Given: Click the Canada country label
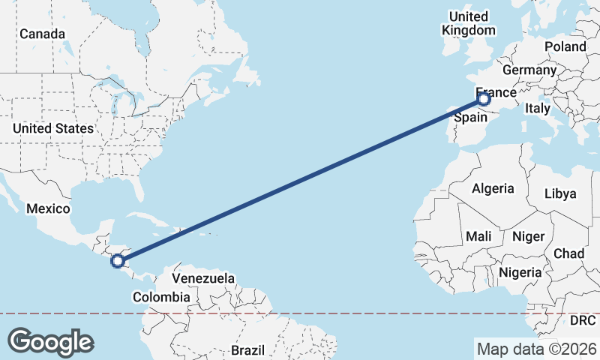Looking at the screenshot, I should [x=42, y=34].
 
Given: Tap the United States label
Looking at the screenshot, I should [x=52, y=128].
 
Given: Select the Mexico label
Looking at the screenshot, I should [x=48, y=208].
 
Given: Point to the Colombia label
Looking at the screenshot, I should [x=161, y=297].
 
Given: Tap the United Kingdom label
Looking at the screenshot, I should [x=469, y=23].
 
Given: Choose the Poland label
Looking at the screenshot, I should [x=565, y=46].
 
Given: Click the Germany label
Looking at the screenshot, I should [x=529, y=70].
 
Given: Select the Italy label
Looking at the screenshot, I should [x=537, y=108].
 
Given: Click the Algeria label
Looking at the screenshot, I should [x=493, y=188].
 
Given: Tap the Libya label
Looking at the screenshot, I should [x=560, y=193].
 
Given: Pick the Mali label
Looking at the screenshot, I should [x=478, y=236].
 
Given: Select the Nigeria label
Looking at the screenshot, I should [x=519, y=272].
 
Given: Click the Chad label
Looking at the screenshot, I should [x=568, y=253].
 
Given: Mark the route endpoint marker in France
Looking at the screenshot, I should [x=484, y=98].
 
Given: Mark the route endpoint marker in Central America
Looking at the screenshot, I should [x=117, y=261].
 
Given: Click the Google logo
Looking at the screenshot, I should [x=50, y=342].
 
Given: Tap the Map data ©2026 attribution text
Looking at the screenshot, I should [x=536, y=349].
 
